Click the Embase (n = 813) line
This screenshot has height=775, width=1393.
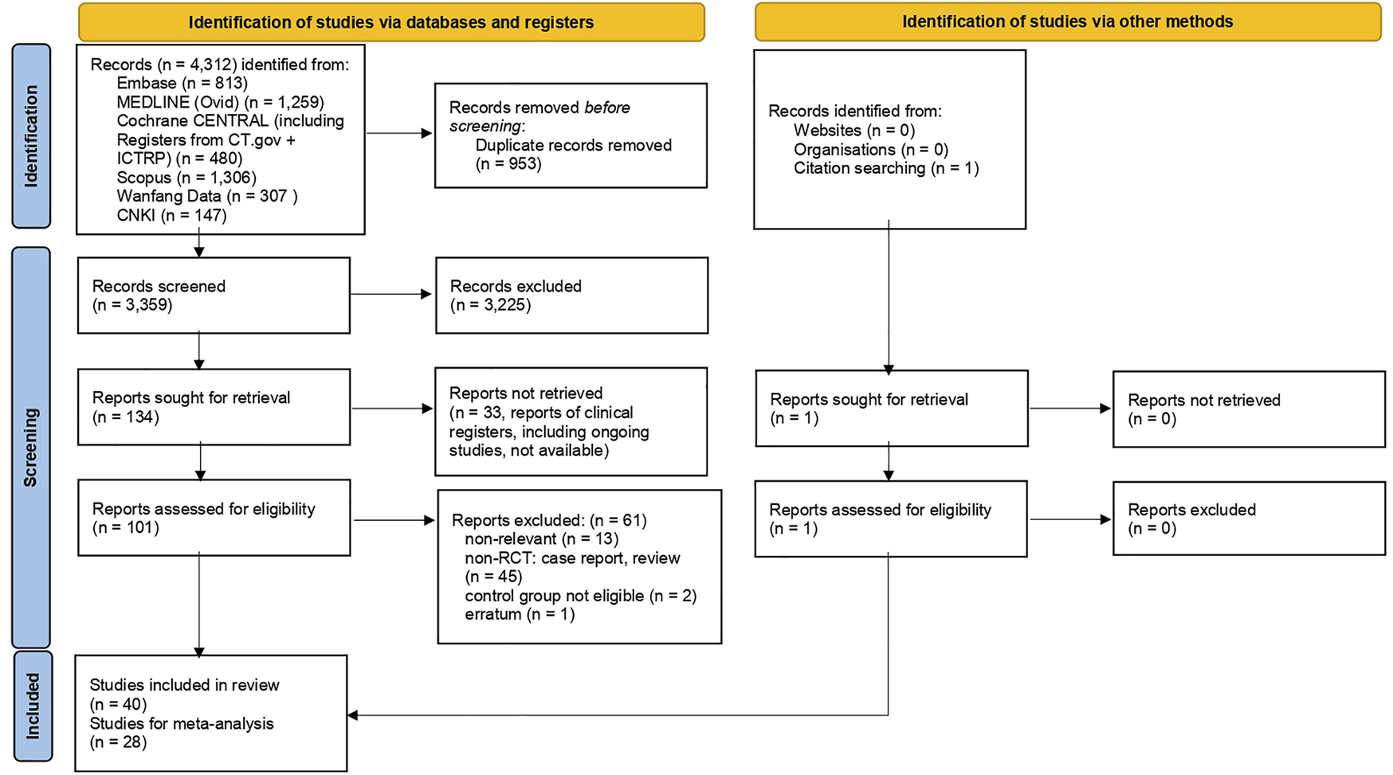click(x=182, y=84)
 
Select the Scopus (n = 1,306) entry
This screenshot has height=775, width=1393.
click(x=186, y=178)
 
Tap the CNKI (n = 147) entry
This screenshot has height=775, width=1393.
click(x=171, y=216)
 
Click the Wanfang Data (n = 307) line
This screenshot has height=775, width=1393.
click(x=206, y=197)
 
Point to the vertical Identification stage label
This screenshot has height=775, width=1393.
click(x=31, y=135)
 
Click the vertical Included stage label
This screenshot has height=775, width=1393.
click(x=32, y=706)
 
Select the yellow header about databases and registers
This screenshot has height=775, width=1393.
click(x=390, y=22)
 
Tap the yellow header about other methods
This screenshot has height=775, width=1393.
click(x=1067, y=22)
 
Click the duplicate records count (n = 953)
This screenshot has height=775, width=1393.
click(x=508, y=165)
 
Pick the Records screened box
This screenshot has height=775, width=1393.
click(x=214, y=295)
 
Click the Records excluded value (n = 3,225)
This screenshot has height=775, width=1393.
click(x=490, y=305)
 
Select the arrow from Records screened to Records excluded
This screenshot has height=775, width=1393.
click(x=392, y=295)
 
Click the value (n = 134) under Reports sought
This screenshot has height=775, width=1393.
click(x=126, y=417)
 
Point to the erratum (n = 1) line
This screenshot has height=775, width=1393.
click(x=520, y=615)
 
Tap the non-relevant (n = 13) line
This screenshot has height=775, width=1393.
click(x=541, y=539)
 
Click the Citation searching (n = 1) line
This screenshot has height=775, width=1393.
click(x=885, y=168)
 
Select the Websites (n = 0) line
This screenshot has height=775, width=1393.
click(x=853, y=131)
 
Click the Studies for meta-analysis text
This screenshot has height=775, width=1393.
click(x=182, y=724)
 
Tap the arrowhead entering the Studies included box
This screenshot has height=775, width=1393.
click(x=352, y=715)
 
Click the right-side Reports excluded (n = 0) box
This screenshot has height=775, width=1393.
click(x=1248, y=519)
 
